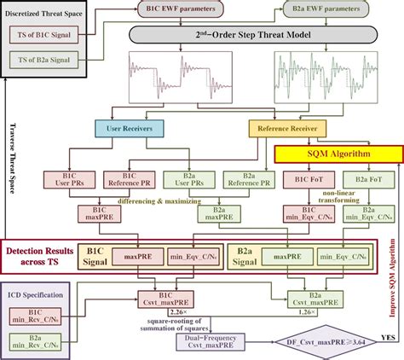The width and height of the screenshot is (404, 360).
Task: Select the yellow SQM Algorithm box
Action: pos(326,151)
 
